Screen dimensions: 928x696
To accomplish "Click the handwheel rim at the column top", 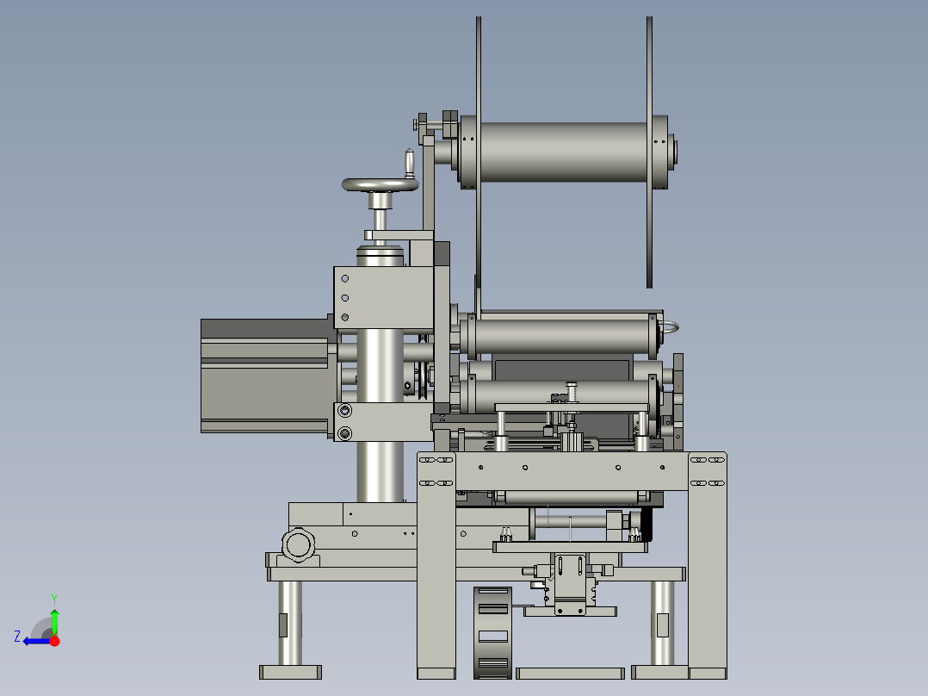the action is click(380, 185).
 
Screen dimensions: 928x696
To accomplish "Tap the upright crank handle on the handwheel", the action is click(409, 163).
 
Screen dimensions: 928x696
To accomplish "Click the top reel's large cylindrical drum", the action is click(563, 152).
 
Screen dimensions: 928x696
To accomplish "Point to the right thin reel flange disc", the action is click(649, 152).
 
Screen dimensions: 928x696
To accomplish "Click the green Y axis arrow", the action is click(54, 615).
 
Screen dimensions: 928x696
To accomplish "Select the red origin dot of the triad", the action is click(54, 641).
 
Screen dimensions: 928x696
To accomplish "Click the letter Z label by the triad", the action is click(17, 637).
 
